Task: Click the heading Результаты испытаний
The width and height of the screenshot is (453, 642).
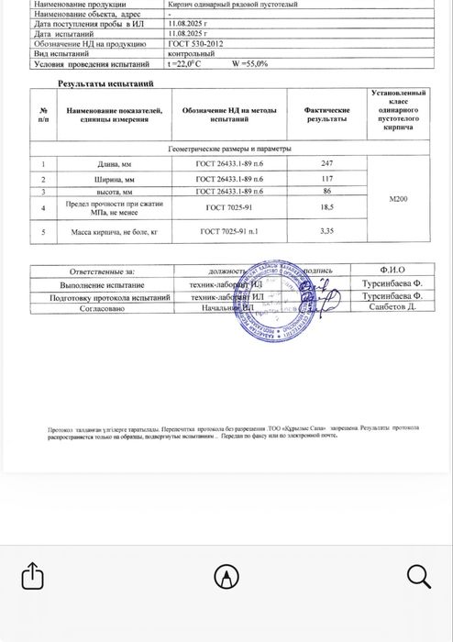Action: [x=111, y=83]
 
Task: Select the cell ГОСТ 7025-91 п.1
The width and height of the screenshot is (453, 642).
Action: [x=229, y=233]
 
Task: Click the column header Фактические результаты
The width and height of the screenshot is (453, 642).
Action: [x=326, y=116]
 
